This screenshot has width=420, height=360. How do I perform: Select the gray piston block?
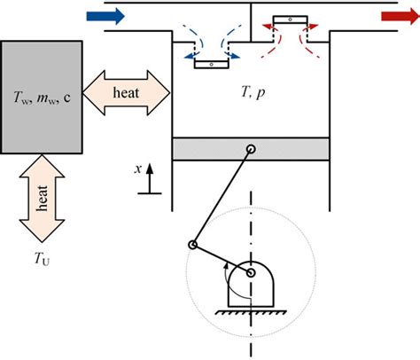pos(253,149)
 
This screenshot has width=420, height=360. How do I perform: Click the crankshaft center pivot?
pos(252,275)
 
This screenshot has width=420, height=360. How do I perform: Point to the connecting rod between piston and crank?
pos(222,197)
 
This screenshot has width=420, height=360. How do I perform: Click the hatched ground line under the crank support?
pos(252,312)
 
